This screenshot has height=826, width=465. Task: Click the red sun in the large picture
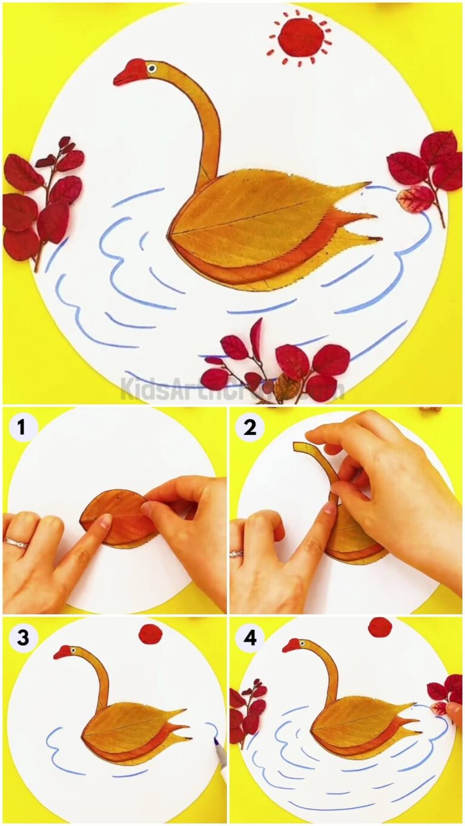pyautogui.click(x=301, y=37)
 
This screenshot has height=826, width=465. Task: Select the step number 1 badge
pyautogui.click(x=22, y=428)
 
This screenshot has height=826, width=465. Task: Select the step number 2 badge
pyautogui.click(x=249, y=428)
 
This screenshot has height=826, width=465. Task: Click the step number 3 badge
pyautogui.click(x=22, y=638)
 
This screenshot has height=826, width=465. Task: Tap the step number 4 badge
pyautogui.click(x=249, y=638)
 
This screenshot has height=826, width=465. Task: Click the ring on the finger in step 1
pyautogui.click(x=16, y=543)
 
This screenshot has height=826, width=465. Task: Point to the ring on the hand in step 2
pyautogui.click(x=237, y=553)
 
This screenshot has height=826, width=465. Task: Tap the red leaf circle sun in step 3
pyautogui.click(x=151, y=634)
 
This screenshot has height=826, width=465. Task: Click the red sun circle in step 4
pyautogui.click(x=380, y=627)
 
